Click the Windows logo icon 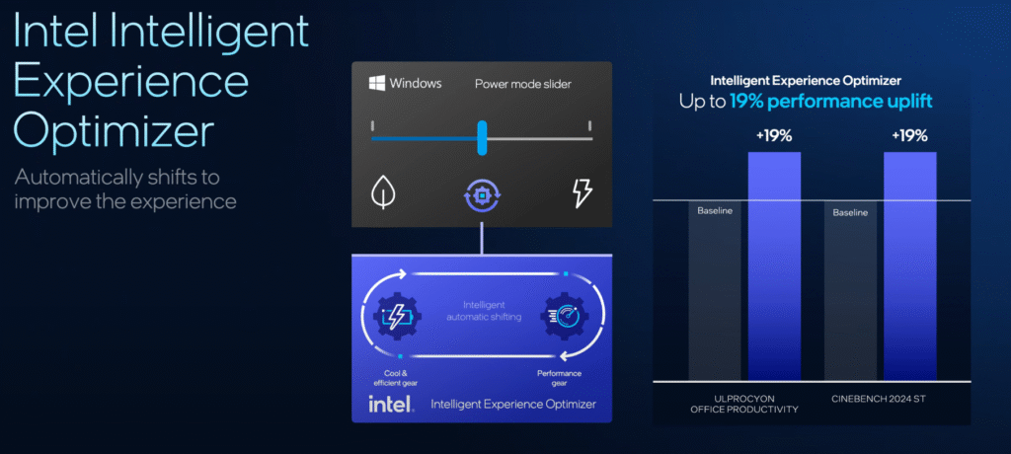376,83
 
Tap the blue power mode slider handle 482,138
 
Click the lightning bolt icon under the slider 583,193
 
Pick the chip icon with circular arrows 482,193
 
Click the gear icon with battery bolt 397,316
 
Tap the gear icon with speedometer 566,316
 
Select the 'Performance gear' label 559,378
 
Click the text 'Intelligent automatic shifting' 484,310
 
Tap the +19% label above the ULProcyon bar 774,135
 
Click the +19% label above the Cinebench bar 909,135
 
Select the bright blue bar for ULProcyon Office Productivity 774,265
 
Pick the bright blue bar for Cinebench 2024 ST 909,265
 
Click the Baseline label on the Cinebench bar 850,212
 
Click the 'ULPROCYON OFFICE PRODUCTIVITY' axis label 743,404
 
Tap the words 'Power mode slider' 523,84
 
